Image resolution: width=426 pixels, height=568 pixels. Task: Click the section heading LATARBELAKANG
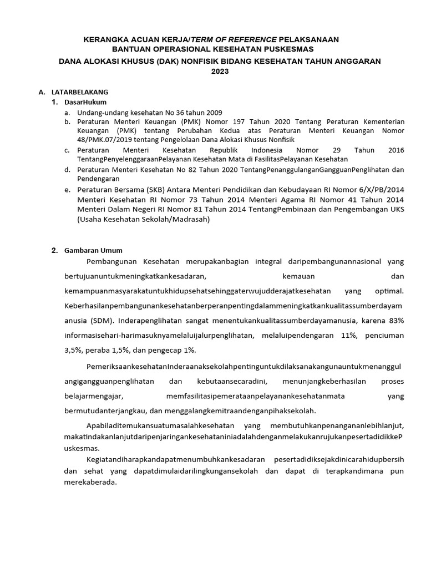click(x=80, y=92)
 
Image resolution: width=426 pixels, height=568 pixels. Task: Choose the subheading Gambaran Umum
click(x=93, y=250)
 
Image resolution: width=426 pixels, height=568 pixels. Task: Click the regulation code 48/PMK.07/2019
click(x=105, y=140)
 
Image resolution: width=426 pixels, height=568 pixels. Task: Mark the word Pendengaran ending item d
click(x=99, y=179)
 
